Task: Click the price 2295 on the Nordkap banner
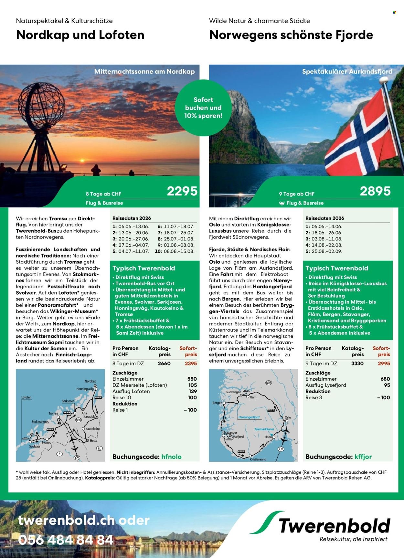182,191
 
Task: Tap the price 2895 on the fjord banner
375,191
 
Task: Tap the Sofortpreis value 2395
191,363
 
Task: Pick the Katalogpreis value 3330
357,363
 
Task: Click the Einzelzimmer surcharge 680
385,379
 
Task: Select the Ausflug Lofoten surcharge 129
193,391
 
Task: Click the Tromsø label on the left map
53,413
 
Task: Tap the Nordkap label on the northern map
90,381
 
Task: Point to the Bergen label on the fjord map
217,403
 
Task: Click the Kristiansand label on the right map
258,459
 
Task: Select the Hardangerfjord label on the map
249,417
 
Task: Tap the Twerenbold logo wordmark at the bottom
335,526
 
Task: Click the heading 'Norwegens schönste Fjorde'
291,35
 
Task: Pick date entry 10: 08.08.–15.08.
175,251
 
